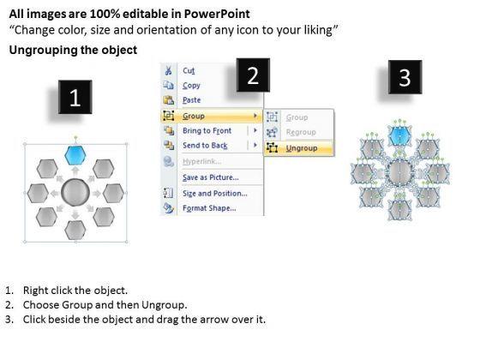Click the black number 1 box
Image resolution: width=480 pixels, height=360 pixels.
75,97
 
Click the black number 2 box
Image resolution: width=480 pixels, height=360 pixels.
253,75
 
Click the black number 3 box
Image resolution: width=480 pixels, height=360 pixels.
405,77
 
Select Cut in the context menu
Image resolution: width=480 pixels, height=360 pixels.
189,70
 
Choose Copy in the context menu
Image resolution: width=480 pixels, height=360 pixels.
191,86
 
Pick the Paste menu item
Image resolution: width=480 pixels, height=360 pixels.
192,100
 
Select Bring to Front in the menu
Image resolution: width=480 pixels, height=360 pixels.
207,130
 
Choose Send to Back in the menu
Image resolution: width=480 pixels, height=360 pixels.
205,146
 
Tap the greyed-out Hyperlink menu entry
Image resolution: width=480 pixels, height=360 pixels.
202,161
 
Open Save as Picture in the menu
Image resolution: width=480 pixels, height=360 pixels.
211,177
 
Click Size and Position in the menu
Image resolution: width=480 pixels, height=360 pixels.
215,194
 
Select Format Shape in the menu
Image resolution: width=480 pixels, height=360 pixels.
209,208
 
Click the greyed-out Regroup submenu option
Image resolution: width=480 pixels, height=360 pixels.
301,132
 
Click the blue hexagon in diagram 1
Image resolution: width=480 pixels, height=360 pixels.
75,155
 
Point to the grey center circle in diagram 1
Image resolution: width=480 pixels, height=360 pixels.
75,193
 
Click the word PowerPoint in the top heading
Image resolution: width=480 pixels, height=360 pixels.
217,14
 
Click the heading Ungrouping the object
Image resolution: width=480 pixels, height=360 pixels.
73,50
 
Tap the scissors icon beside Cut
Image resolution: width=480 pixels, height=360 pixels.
168,70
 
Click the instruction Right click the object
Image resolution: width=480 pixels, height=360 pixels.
75,291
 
